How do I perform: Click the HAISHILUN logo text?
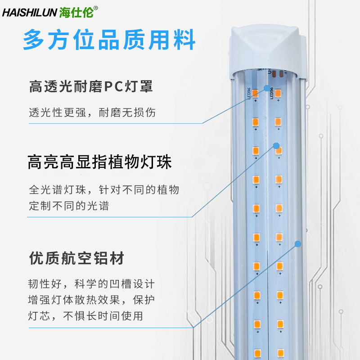[x=30, y=12]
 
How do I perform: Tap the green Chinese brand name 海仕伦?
[x=76, y=12]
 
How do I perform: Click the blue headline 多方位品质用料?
[x=109, y=40]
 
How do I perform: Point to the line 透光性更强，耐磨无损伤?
[x=92, y=112]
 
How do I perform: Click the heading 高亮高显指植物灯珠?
[x=99, y=162]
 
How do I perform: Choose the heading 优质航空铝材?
[x=76, y=258]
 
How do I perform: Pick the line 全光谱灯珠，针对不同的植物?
[x=104, y=189]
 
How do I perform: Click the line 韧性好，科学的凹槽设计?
[x=92, y=284]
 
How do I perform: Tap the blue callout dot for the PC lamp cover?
[x=267, y=89]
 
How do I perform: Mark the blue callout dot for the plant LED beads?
[x=277, y=146]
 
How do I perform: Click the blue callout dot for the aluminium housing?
[x=297, y=244]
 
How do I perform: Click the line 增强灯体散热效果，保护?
[x=92, y=300]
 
